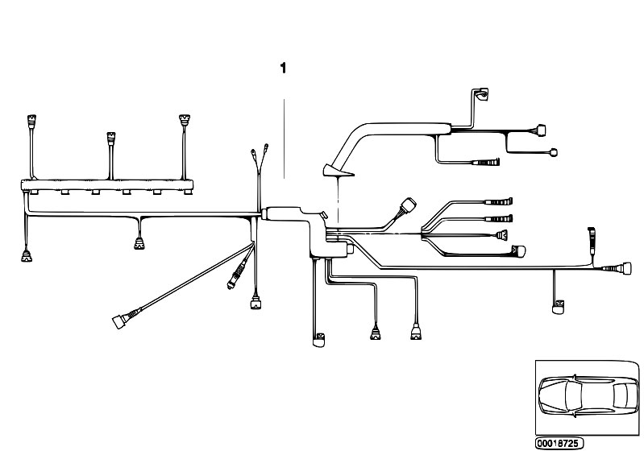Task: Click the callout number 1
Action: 283,68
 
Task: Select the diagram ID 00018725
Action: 559,443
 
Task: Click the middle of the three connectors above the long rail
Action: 111,139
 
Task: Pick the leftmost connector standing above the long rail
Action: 31,122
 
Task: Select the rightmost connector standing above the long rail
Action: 185,121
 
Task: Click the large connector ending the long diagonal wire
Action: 118,321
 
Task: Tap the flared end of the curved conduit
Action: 338,171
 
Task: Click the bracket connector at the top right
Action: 481,94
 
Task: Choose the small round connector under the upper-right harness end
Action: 553,153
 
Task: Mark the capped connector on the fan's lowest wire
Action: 519,250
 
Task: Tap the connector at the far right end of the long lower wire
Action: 626,268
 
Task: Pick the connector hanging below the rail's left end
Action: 27,256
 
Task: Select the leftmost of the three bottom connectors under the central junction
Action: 318,340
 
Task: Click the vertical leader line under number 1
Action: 284,139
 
